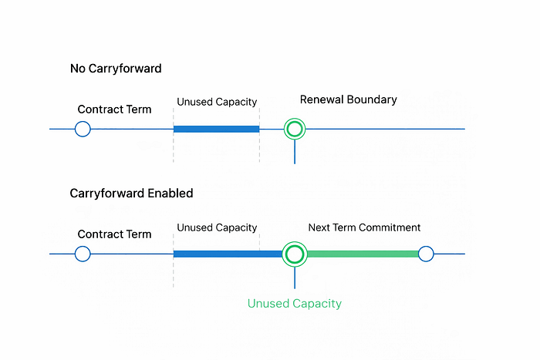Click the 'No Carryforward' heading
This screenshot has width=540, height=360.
click(x=116, y=69)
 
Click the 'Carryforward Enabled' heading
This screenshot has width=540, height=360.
click(x=131, y=193)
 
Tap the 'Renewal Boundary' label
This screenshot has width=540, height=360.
click(x=348, y=99)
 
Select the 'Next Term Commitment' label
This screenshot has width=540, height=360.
click(x=364, y=227)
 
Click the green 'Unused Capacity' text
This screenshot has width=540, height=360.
click(x=295, y=304)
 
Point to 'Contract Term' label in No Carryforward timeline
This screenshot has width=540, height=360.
click(x=114, y=109)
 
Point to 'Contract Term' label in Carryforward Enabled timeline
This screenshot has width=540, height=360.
click(x=114, y=234)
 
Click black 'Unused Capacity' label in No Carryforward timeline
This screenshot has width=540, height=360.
click(x=217, y=103)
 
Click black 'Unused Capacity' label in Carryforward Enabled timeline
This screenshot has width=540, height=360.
click(x=217, y=228)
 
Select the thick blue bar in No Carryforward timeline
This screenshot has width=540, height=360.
click(x=216, y=129)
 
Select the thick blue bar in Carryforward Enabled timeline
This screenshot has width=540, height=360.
click(x=228, y=254)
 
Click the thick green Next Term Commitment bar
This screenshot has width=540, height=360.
click(x=363, y=254)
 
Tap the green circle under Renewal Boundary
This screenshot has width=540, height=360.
click(x=295, y=119)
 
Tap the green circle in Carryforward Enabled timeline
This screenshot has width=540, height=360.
click(x=295, y=242)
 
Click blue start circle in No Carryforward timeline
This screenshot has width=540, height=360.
click(x=83, y=122)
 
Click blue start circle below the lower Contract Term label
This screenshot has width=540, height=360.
click(x=83, y=247)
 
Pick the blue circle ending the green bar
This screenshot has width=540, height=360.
click(x=426, y=247)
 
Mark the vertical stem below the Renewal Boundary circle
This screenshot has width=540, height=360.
click(x=295, y=152)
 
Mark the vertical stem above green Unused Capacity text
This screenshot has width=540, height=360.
click(x=295, y=278)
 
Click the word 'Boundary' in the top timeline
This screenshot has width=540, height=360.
click(x=372, y=99)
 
